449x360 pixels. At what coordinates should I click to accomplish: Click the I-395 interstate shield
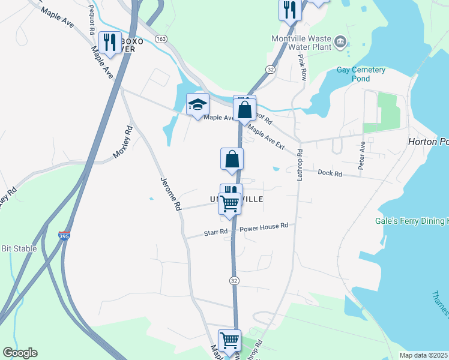[64, 236]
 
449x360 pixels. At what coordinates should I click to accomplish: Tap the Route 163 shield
[160, 38]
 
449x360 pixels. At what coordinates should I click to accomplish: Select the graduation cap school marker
[197, 104]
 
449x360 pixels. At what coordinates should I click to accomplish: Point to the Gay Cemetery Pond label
[361, 74]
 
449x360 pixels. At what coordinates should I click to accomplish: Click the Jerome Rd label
[170, 193]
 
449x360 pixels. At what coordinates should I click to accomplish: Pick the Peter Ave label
[362, 155]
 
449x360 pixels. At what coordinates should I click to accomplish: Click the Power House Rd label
[264, 227]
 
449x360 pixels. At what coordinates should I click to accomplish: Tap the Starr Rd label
[215, 232]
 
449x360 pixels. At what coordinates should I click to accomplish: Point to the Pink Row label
[303, 68]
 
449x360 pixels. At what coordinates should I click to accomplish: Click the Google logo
[20, 353]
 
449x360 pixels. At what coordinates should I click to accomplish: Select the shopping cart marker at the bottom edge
[229, 340]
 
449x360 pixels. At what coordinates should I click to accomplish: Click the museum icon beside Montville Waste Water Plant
[340, 41]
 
